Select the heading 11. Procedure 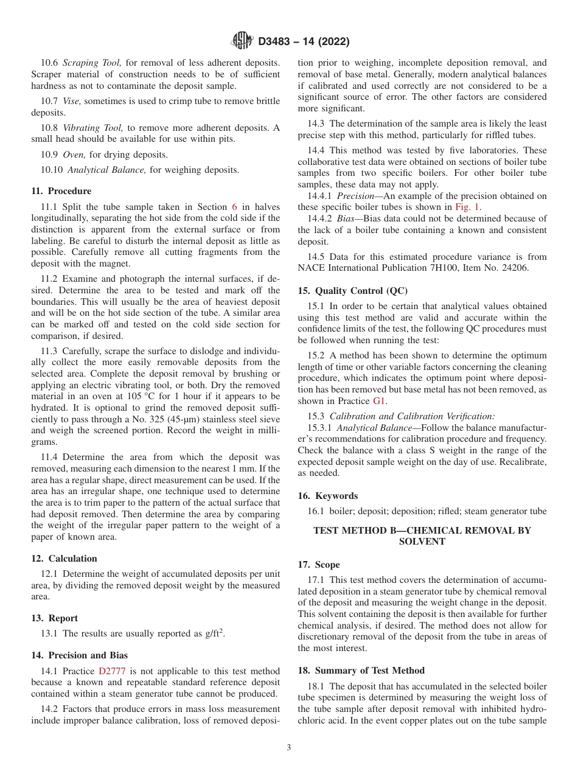(61, 191)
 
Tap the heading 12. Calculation (64, 559)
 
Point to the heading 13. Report (54, 618)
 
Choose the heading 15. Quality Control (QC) (353, 291)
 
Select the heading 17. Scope (319, 565)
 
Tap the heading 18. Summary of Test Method (361, 671)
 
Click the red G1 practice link (380, 401)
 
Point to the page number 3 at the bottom (289, 748)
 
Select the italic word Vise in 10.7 (71, 101)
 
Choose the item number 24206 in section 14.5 (515, 267)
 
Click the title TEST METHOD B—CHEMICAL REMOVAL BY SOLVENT (422, 536)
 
